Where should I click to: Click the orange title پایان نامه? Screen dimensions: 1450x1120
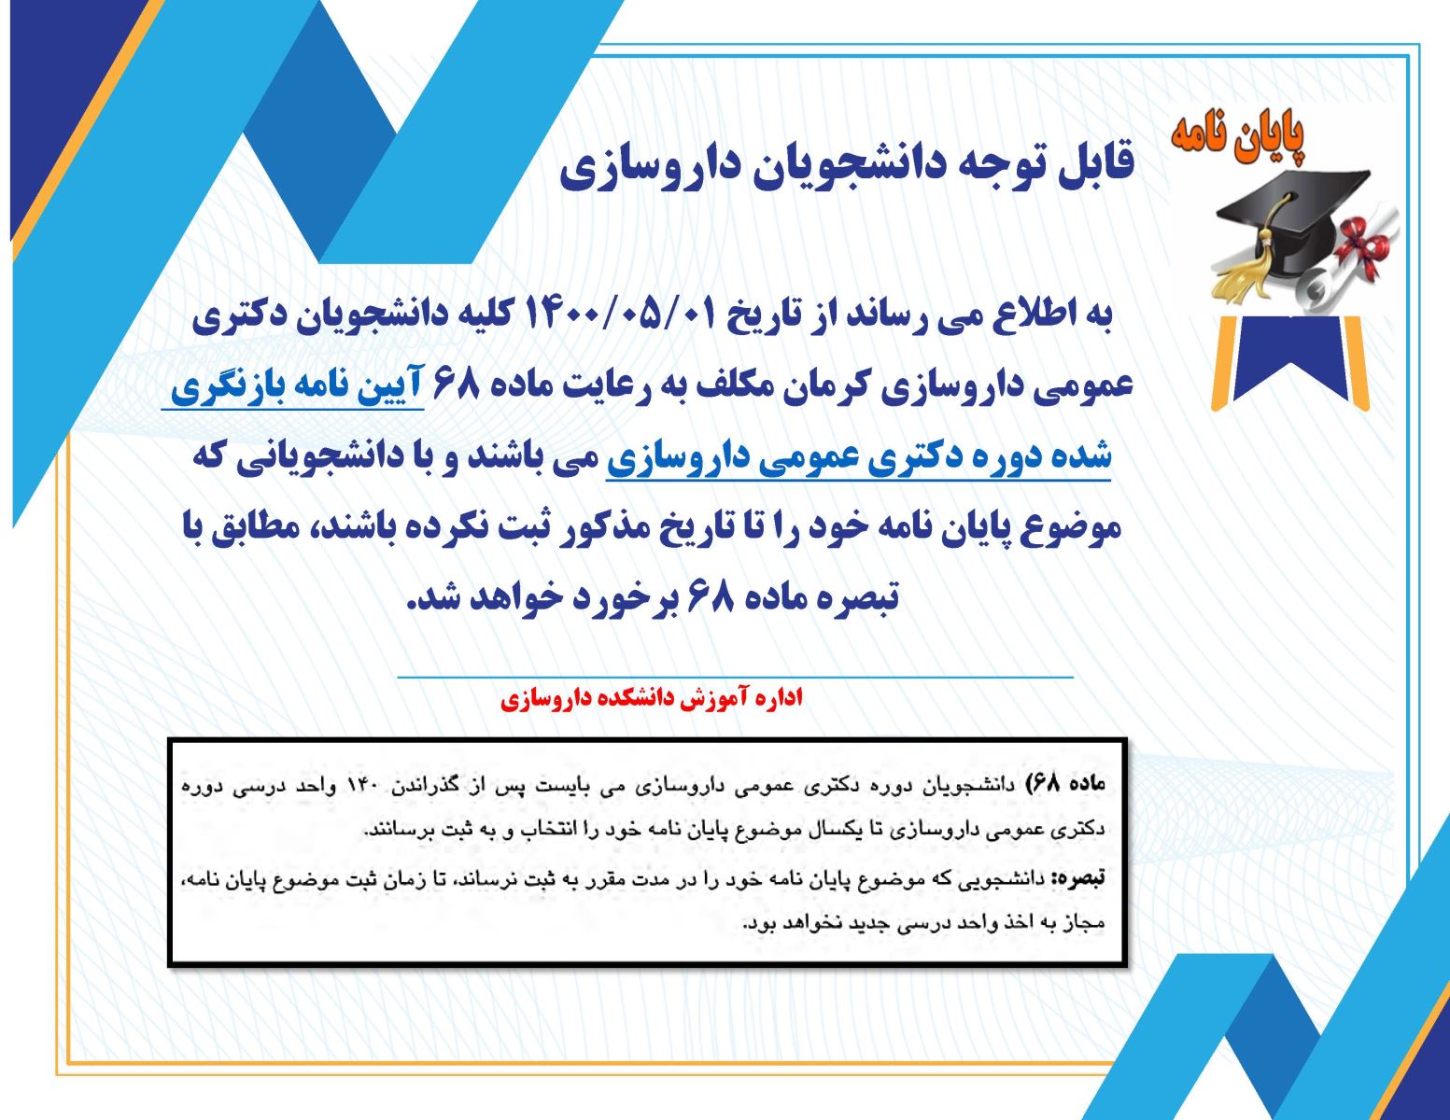pyautogui.click(x=1238, y=138)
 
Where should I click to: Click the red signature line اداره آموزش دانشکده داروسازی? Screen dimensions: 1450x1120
pyautogui.click(x=652, y=698)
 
